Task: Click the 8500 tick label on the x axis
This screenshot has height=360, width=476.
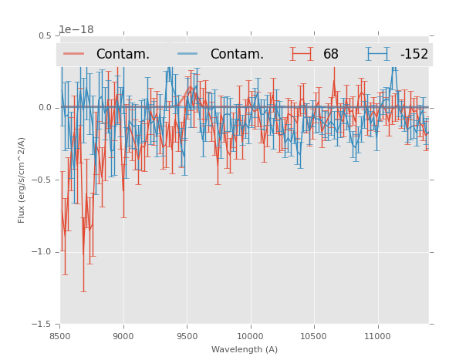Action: [59, 336]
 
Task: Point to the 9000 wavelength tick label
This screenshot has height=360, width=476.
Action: [123, 336]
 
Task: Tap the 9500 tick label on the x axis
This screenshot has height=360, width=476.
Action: [187, 336]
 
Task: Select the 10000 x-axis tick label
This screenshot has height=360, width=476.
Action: [250, 336]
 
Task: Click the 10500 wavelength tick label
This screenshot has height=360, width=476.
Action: [314, 336]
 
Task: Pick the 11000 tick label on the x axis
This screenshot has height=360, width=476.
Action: [377, 336]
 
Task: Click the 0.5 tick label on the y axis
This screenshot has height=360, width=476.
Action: [45, 36]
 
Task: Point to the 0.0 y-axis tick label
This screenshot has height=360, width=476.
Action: [45, 108]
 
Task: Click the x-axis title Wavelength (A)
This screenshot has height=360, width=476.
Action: [245, 349]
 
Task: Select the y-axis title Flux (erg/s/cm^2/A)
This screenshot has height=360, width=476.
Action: [22, 180]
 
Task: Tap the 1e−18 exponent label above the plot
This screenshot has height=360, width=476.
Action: [76, 30]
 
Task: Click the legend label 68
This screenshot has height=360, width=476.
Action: [331, 55]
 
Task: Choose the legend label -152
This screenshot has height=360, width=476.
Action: [414, 55]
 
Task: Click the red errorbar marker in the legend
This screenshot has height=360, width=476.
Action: [302, 54]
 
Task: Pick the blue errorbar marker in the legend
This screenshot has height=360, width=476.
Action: [378, 54]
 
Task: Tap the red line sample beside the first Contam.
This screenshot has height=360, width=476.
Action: [74, 54]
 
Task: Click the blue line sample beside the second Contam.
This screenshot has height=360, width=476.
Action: [188, 54]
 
